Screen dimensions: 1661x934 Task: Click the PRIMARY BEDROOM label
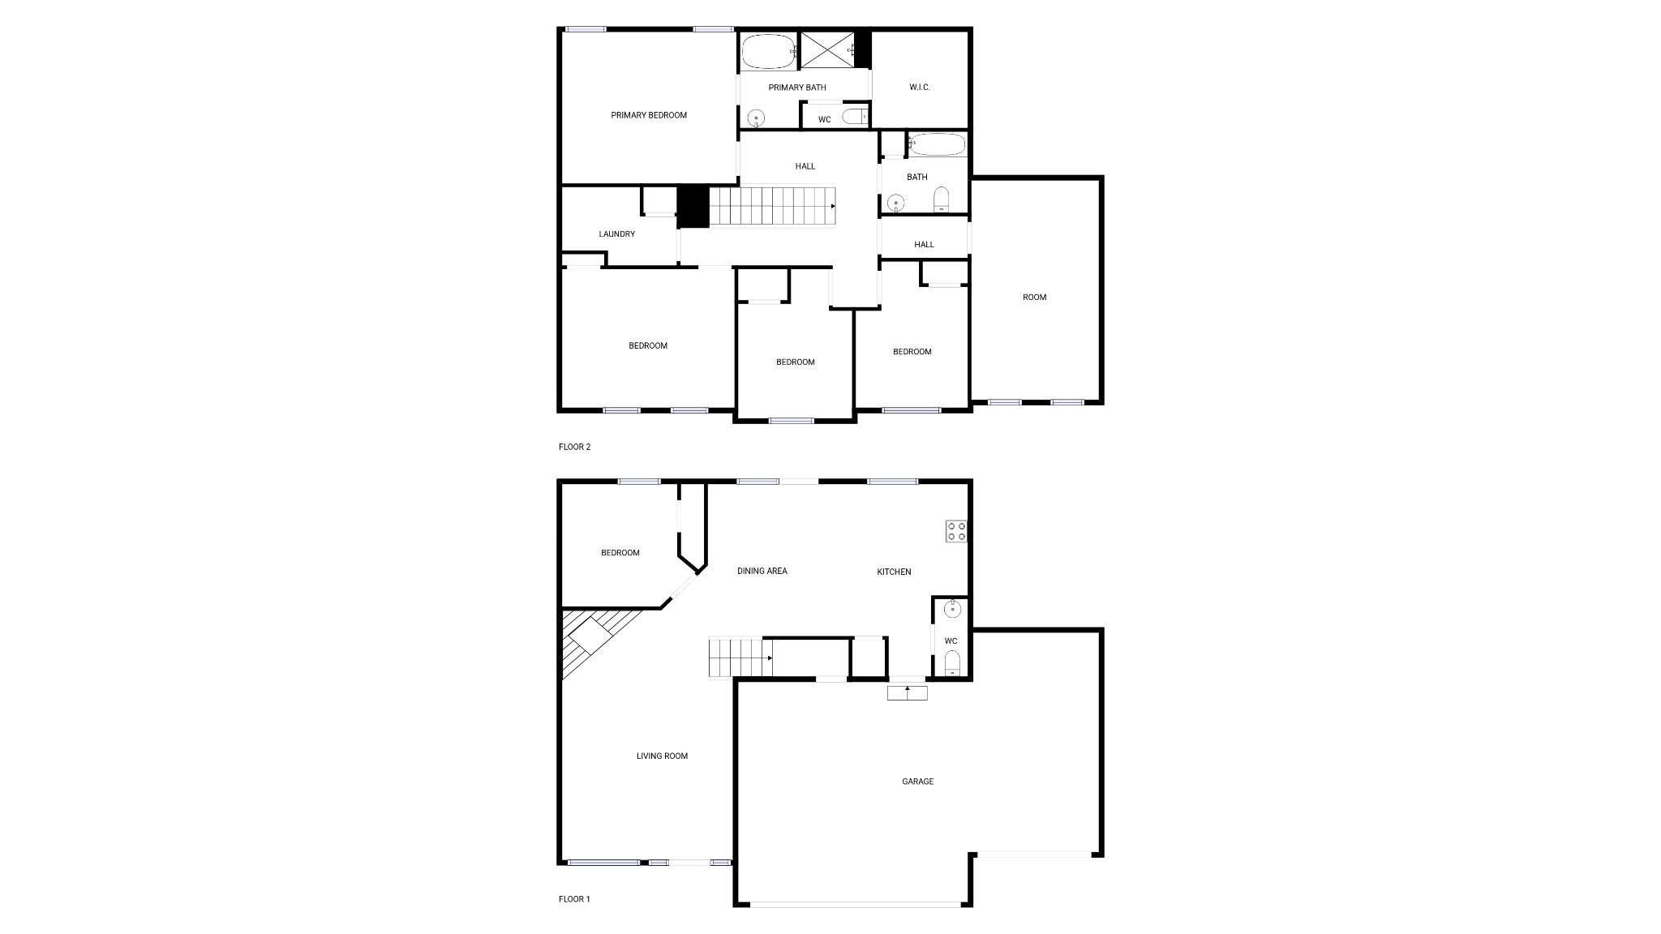point(649,115)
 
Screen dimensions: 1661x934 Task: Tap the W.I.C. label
point(920,87)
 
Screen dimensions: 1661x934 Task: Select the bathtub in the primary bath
point(768,51)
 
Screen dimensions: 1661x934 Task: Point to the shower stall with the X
point(827,50)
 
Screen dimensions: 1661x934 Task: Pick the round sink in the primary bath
point(756,119)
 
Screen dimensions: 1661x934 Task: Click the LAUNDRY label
point(617,234)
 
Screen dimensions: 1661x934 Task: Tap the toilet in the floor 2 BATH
point(941,199)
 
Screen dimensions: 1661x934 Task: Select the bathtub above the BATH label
point(938,145)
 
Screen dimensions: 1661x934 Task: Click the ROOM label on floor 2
point(1035,298)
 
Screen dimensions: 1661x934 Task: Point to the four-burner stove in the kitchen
point(956,531)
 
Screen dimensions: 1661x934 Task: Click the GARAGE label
point(918,782)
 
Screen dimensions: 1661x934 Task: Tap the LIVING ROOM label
point(662,756)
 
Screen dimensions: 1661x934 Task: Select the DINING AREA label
point(762,571)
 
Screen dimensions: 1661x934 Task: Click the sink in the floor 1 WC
point(952,609)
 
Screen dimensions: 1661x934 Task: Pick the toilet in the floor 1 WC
point(952,662)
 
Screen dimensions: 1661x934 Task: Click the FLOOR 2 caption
point(575,447)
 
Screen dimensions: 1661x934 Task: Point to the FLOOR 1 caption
point(575,899)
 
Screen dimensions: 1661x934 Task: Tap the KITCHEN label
point(894,572)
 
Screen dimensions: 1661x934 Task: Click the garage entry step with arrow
point(907,692)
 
